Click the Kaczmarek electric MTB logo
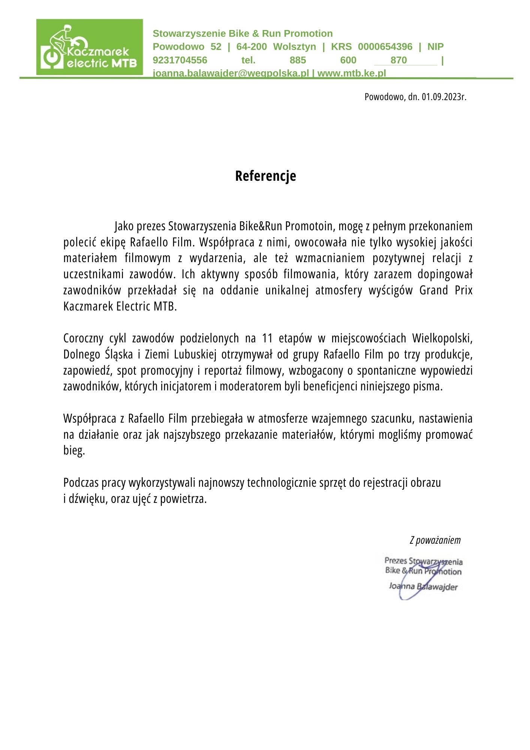90,47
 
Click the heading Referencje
265,176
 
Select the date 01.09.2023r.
444,97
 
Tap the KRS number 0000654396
385,47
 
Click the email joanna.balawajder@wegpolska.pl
231,73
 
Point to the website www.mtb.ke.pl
352,73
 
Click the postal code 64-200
252,47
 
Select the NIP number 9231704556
180,60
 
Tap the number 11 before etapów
267,338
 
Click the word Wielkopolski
442,338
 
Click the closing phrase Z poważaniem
435,540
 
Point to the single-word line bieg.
74,450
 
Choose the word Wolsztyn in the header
294,47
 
